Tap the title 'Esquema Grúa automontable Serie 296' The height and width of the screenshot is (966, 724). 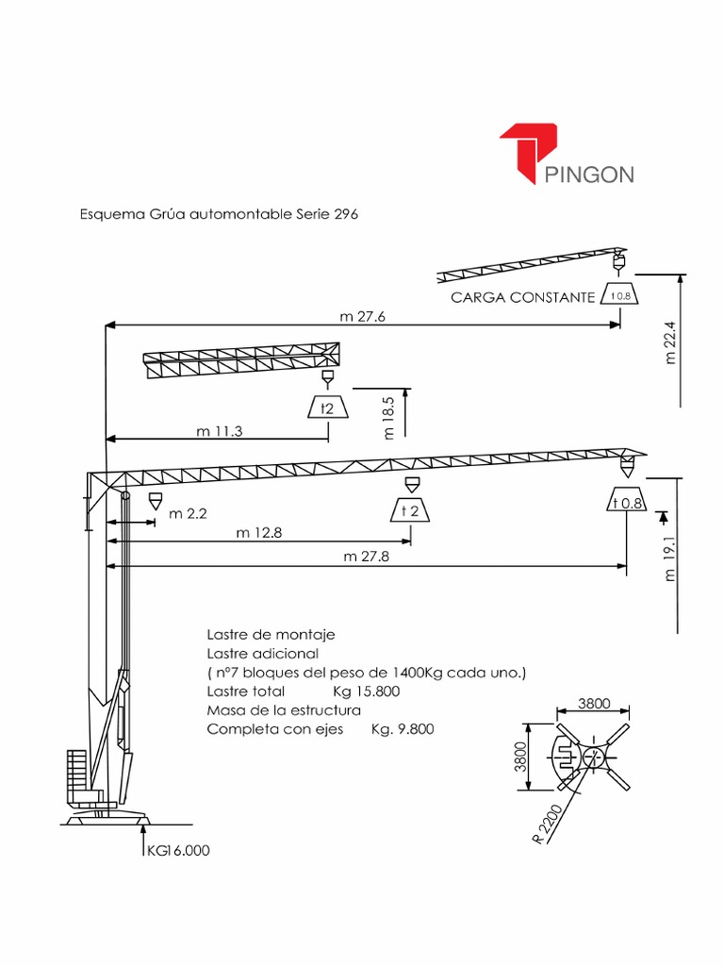pyautogui.click(x=218, y=214)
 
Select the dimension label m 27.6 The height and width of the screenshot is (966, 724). pyautogui.click(x=363, y=317)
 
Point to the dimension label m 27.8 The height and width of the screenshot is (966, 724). pyautogui.click(x=367, y=557)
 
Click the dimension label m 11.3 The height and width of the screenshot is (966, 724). pyautogui.click(x=220, y=431)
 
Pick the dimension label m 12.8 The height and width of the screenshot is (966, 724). pyautogui.click(x=259, y=533)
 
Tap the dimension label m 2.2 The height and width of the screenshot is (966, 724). pyautogui.click(x=188, y=514)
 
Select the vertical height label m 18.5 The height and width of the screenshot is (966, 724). pyautogui.click(x=388, y=418)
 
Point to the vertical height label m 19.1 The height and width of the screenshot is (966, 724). pyautogui.click(x=671, y=559)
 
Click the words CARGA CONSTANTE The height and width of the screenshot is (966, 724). pyautogui.click(x=523, y=297)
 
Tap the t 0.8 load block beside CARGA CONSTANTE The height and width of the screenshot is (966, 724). pyautogui.click(x=620, y=295)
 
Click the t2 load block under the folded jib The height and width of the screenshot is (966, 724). pyautogui.click(x=326, y=408)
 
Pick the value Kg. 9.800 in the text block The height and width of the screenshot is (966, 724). pyautogui.click(x=403, y=729)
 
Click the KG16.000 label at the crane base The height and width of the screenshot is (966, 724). pyautogui.click(x=177, y=850)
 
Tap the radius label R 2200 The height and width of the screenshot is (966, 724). pyautogui.click(x=548, y=824)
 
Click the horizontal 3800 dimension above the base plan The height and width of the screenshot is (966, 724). pyautogui.click(x=594, y=703)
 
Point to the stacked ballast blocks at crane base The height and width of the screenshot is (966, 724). pyautogui.click(x=77, y=772)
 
